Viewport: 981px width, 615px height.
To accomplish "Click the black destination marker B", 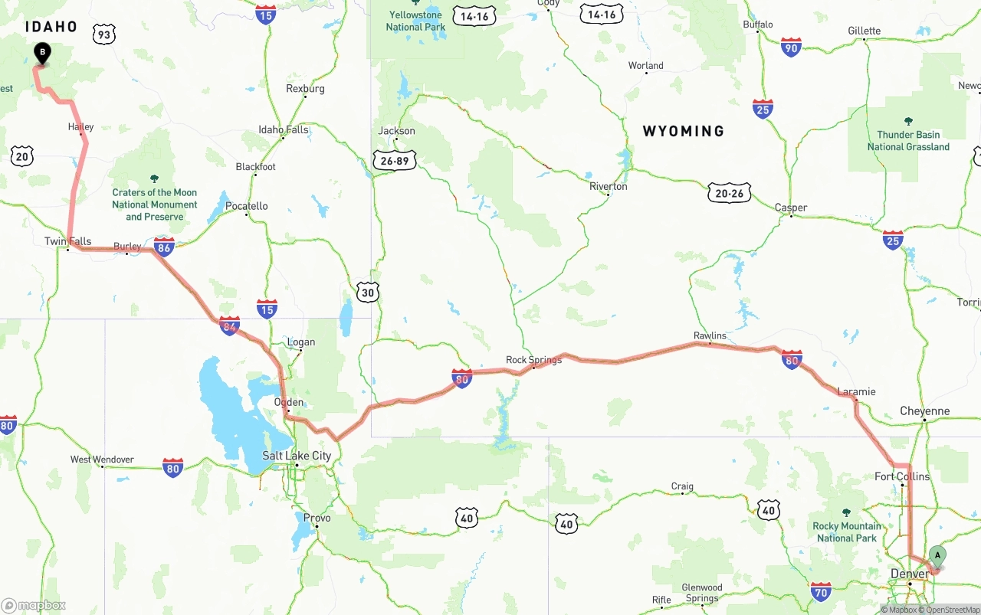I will [x=43, y=53].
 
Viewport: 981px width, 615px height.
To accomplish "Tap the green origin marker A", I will [x=937, y=556].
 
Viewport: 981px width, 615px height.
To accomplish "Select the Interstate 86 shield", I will [x=163, y=247].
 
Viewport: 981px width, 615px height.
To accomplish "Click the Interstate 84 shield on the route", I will [x=229, y=325].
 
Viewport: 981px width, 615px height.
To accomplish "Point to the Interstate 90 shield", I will [x=792, y=47].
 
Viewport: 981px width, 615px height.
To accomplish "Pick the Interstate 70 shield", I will [x=821, y=590].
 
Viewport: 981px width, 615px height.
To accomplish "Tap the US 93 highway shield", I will [x=105, y=34].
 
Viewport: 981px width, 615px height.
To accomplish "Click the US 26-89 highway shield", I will [x=395, y=160].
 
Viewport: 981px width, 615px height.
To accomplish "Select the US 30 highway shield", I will [x=368, y=292].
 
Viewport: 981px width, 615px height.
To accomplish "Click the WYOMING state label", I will [x=683, y=132].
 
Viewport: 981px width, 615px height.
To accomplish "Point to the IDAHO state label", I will [x=51, y=27].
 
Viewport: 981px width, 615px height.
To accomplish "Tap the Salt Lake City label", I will [x=297, y=456].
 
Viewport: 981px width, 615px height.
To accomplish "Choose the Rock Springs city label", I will [x=533, y=360].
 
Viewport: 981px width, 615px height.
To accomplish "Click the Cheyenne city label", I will [x=924, y=411].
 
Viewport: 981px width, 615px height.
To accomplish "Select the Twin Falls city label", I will [x=67, y=241].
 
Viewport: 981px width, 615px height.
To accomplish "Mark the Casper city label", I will [x=790, y=208].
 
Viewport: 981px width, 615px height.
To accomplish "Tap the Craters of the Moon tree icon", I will [x=154, y=178].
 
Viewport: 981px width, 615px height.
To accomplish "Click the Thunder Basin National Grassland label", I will [x=908, y=141].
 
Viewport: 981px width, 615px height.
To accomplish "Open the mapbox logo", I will [x=34, y=605].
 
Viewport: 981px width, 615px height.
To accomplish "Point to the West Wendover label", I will [x=102, y=460].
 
